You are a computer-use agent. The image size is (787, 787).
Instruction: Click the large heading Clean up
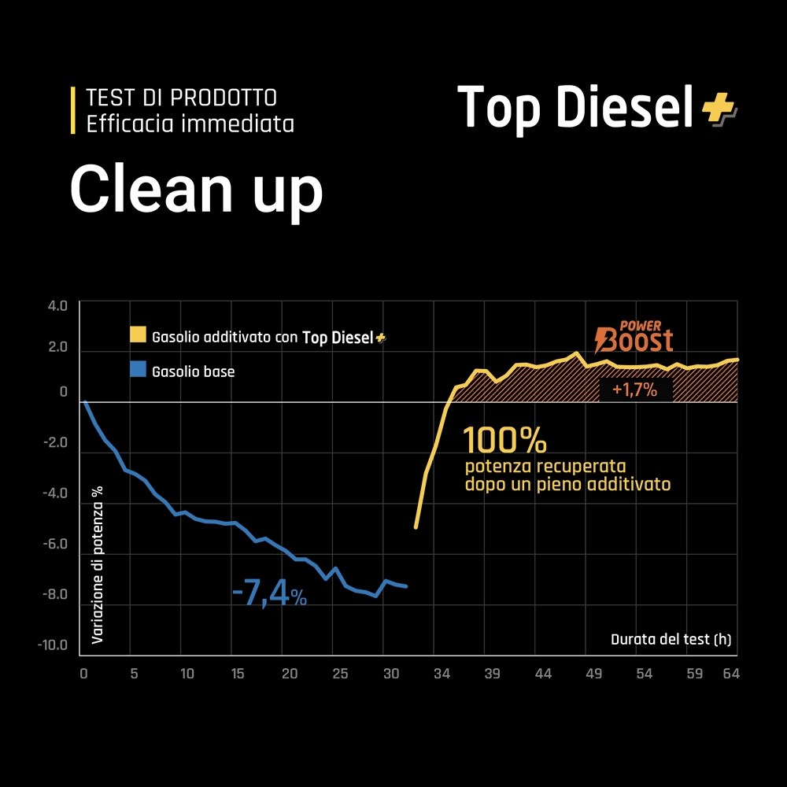pyautogui.click(x=197, y=190)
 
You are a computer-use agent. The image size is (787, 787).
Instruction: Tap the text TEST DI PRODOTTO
pyautogui.click(x=181, y=98)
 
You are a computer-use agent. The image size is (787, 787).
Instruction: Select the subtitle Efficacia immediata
pyautogui.click(x=190, y=124)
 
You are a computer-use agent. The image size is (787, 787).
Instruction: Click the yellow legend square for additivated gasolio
pyautogui.click(x=139, y=336)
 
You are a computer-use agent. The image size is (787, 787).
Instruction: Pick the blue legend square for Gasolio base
pyautogui.click(x=139, y=369)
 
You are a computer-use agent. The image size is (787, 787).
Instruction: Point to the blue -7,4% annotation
pyautogui.click(x=269, y=595)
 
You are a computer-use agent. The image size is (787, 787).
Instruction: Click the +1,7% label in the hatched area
pyautogui.click(x=634, y=389)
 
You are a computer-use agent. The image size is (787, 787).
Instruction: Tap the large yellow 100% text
pyautogui.click(x=504, y=441)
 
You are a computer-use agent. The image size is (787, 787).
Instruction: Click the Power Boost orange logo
pyautogui.click(x=634, y=336)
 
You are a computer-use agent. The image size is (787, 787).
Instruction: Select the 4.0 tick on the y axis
pyautogui.click(x=58, y=305)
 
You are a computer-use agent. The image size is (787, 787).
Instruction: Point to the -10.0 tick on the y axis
pyautogui.click(x=54, y=646)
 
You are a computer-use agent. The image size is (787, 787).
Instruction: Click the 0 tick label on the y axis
pyautogui.click(x=64, y=392)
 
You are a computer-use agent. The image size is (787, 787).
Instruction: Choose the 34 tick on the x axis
pyautogui.click(x=442, y=674)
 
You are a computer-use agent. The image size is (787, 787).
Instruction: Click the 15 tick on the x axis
pyautogui.click(x=238, y=674)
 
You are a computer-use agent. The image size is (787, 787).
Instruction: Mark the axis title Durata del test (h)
pyautogui.click(x=671, y=639)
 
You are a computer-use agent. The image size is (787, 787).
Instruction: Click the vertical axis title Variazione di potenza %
pyautogui.click(x=98, y=564)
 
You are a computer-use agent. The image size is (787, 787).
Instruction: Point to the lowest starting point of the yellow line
pyautogui.click(x=416, y=527)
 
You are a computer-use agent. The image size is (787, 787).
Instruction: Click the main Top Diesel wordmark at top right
pyautogui.click(x=577, y=107)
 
